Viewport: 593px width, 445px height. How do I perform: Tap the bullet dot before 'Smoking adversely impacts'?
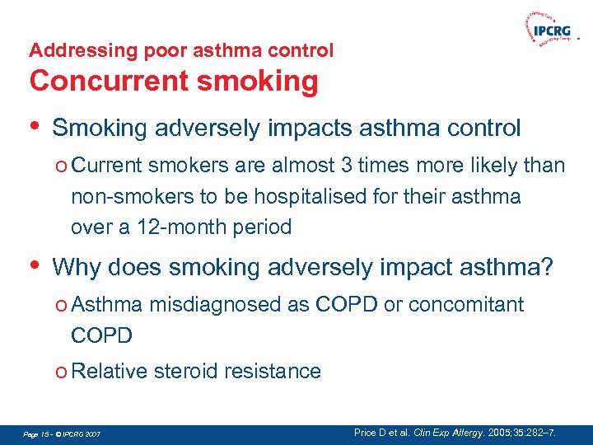pos(34,126)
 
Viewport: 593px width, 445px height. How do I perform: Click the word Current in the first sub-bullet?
pos(106,166)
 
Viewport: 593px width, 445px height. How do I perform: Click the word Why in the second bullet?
pos(76,268)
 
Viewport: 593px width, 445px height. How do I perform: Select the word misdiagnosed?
pos(215,305)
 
